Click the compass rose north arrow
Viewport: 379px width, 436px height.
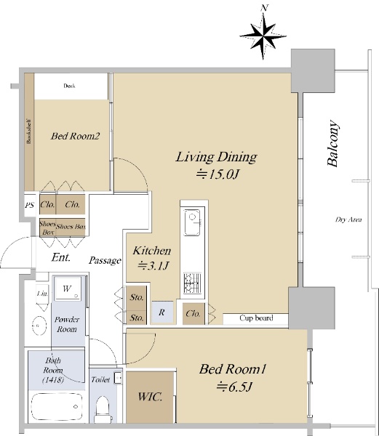[263, 35]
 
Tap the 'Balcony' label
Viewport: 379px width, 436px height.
[333, 143]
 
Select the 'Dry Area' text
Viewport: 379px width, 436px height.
[348, 219]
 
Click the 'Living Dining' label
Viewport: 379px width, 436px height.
[216, 157]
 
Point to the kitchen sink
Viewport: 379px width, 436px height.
[192, 222]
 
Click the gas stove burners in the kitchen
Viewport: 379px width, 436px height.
[192, 283]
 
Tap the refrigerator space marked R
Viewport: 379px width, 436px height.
[162, 312]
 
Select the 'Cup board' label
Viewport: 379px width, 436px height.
[256, 318]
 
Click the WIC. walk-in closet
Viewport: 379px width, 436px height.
[150, 397]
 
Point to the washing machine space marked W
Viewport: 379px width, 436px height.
[67, 288]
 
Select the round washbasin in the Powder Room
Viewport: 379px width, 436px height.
[39, 326]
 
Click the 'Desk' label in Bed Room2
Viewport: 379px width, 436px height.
[69, 86]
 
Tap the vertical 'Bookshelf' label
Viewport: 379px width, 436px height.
[28, 132]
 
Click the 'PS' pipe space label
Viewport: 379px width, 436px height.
[30, 205]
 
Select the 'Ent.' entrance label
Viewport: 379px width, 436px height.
[61, 257]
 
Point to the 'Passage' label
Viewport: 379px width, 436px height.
[105, 261]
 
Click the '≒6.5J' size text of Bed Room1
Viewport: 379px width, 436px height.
[234, 387]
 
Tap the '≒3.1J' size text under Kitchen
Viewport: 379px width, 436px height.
[153, 266]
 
